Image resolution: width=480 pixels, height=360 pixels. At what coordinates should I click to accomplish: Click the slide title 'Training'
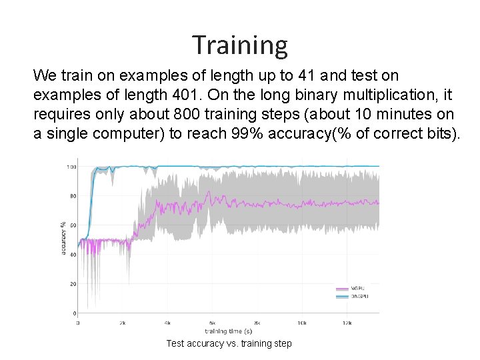click(240, 45)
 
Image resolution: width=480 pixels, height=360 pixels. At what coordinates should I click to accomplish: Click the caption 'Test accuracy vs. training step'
click(229, 343)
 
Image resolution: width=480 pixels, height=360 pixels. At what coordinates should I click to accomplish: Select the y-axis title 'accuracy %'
click(63, 237)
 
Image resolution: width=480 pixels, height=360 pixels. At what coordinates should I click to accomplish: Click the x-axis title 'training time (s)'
click(228, 331)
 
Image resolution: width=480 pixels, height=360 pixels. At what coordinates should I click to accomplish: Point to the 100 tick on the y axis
click(71, 167)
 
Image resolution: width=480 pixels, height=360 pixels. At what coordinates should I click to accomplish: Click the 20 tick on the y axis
click(73, 284)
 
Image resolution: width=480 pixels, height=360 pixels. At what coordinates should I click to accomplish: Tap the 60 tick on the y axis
click(73, 225)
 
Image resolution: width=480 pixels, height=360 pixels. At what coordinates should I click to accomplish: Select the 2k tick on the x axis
click(123, 322)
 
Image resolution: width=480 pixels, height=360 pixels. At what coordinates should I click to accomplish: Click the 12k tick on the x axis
click(347, 322)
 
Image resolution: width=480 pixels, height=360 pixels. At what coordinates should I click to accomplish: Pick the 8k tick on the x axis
click(257, 322)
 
